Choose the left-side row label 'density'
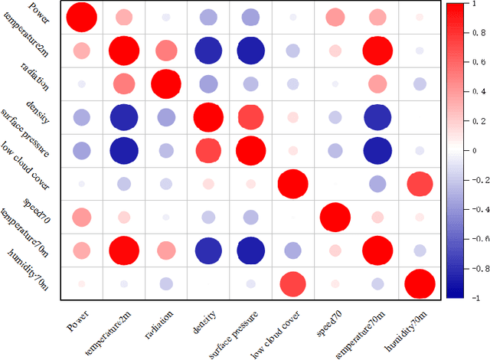[38, 111]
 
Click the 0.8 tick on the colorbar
[479, 33]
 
